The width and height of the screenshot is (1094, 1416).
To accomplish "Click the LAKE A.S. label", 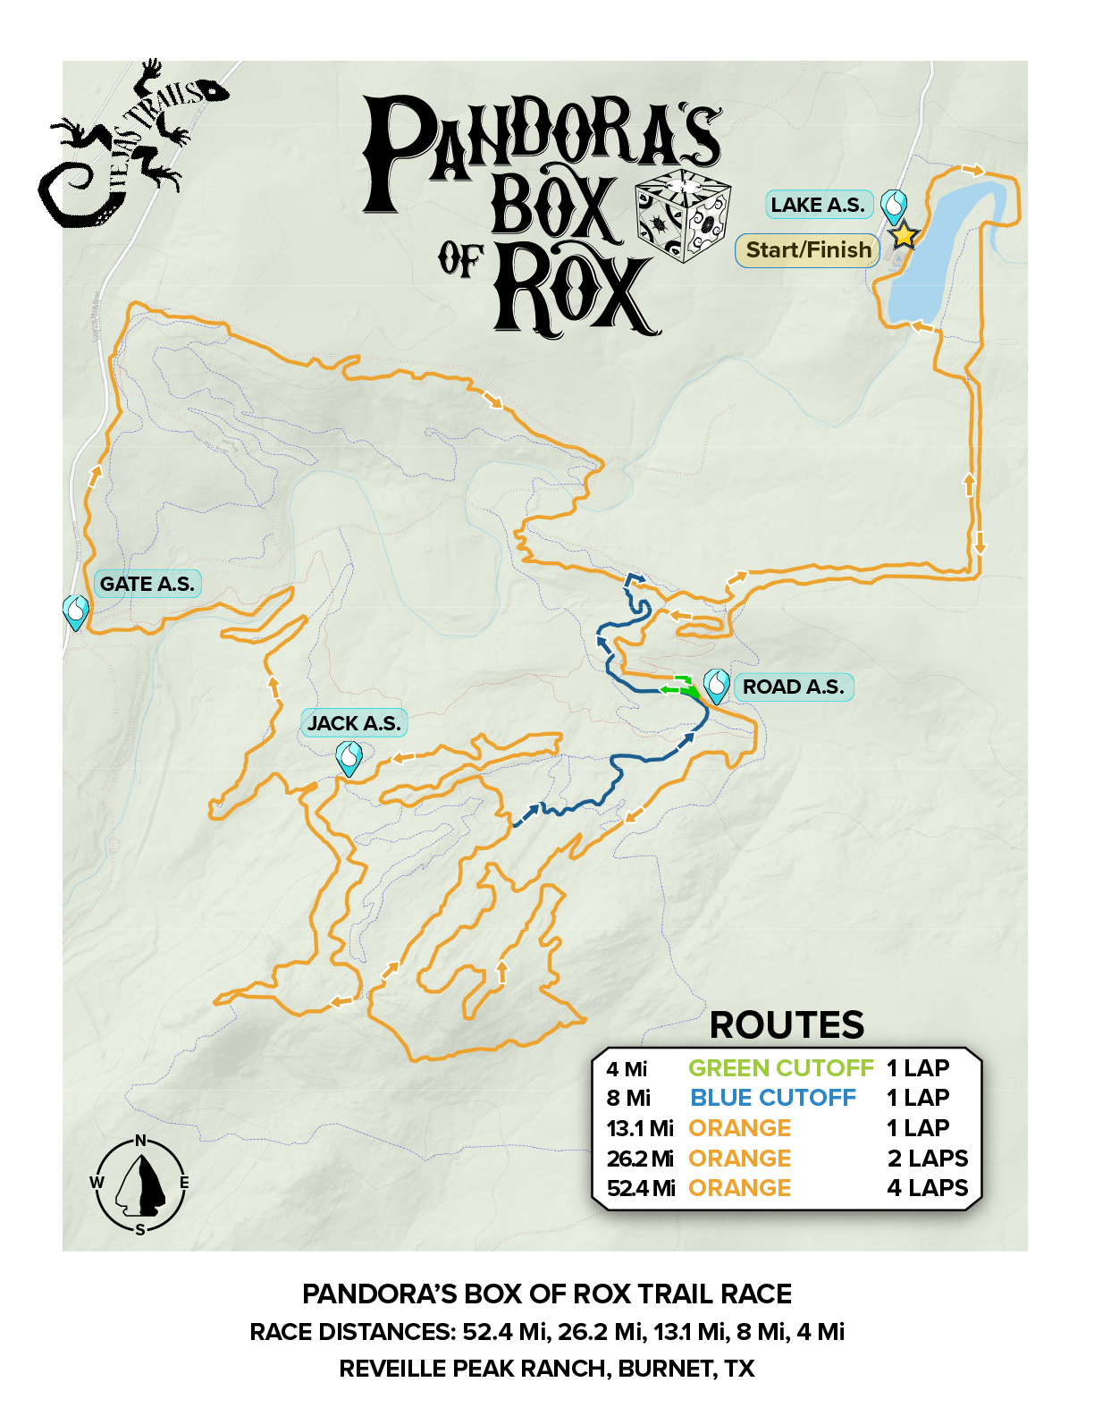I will pos(818,205).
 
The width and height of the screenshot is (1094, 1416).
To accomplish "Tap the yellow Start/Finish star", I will pos(904,235).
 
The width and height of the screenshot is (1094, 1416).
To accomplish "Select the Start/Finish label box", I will pos(808,250).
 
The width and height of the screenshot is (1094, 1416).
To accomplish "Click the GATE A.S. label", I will pos(147,584).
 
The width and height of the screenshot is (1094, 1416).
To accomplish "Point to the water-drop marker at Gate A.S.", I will pos(77,611).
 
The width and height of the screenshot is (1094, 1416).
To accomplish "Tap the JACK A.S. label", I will pos(354,723).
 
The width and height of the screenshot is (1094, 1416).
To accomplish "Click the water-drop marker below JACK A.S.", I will pos(348,758).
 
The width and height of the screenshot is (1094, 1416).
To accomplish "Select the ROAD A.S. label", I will pos(794,687).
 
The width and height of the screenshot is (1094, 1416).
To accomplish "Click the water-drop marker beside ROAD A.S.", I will pos(717,685).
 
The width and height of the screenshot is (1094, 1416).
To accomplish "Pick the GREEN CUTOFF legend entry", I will pos(780,1068).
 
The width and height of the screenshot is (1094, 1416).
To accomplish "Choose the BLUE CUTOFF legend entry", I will pos(773,1098).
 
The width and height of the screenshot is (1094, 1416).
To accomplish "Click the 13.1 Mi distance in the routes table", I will pos(640,1128).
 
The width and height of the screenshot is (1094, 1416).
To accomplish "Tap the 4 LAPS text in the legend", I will pos(928,1188).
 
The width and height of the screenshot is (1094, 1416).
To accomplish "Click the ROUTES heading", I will pos(787,1025).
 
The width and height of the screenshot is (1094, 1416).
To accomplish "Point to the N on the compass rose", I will pos(140,1140).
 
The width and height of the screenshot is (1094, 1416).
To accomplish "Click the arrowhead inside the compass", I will pos(142,1185).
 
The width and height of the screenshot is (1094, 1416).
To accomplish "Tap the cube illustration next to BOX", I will pos(683,215).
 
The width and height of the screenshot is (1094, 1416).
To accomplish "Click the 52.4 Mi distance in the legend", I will pos(641,1188).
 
